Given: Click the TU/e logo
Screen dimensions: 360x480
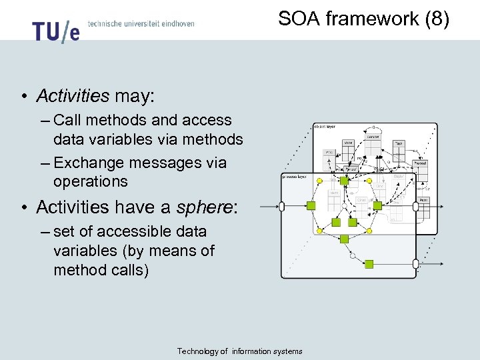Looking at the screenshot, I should [55, 30].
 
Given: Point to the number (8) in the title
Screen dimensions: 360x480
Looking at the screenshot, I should [437, 19].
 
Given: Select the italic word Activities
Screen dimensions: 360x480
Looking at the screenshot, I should [73, 96].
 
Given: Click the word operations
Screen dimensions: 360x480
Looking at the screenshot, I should [90, 181].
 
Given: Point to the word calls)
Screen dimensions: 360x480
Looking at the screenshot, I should [127, 270].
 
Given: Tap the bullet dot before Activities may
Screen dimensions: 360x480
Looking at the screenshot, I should [23, 97].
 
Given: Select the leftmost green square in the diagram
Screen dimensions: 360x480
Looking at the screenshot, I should [317, 206].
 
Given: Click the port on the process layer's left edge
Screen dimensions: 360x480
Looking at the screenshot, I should [281, 207].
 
